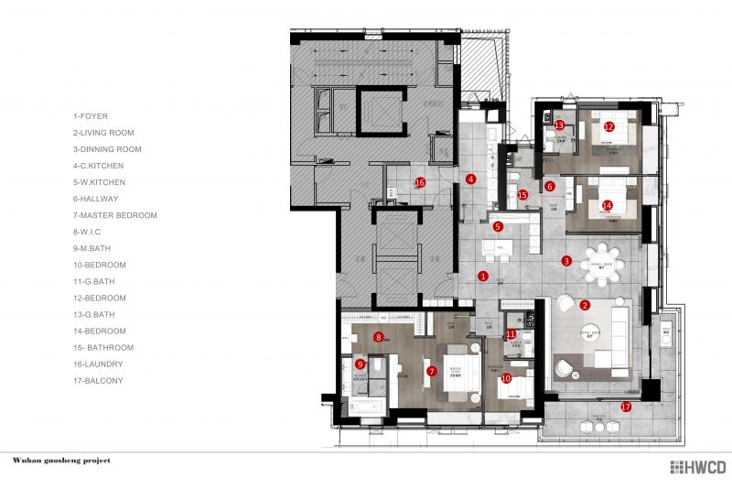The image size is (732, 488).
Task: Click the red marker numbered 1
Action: pyautogui.click(x=483, y=276)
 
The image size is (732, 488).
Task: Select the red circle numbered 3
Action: pyautogui.click(x=566, y=261)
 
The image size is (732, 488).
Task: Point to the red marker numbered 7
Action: pyautogui.click(x=431, y=371)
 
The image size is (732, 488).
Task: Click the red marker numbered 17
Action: pyautogui.click(x=627, y=407)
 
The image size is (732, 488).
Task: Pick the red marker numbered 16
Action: pyautogui.click(x=420, y=182)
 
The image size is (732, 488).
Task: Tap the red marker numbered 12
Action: pyautogui.click(x=609, y=127)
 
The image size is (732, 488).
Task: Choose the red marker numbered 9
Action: pyautogui.click(x=360, y=363)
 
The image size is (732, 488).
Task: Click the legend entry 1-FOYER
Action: pyautogui.click(x=91, y=116)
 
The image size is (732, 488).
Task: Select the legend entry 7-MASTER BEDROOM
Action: pyautogui.click(x=115, y=215)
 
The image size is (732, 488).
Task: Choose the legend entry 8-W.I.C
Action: pyautogui.click(x=87, y=232)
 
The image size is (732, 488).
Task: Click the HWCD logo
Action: pyautogui.click(x=697, y=467)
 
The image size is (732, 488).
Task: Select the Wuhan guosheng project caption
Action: pyautogui.click(x=61, y=461)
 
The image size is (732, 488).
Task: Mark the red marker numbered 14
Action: pyautogui.click(x=608, y=205)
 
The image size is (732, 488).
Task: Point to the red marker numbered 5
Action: pyautogui.click(x=498, y=226)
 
